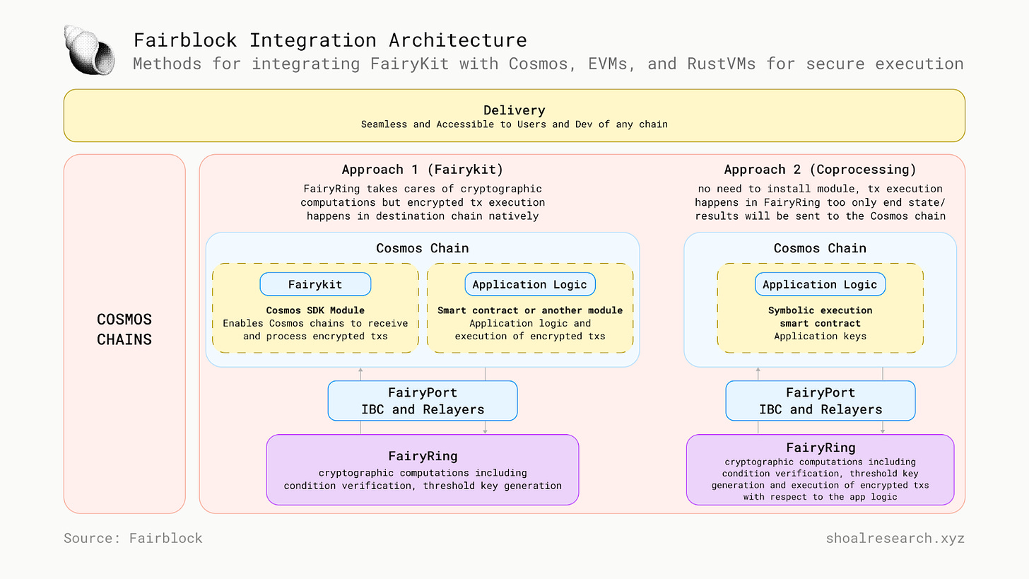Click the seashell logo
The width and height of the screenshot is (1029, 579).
click(x=89, y=50)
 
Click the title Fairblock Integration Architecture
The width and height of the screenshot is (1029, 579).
click(x=330, y=40)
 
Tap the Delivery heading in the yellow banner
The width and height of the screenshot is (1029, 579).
click(x=514, y=110)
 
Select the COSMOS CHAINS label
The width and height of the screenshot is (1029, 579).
click(x=124, y=329)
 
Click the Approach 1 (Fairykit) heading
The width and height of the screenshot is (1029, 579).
click(x=422, y=170)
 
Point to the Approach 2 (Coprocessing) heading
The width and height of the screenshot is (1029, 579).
click(x=820, y=170)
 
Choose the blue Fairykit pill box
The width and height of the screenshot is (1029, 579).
click(x=315, y=284)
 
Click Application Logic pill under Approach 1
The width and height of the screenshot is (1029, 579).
click(x=529, y=284)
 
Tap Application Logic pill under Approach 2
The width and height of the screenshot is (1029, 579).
click(x=820, y=284)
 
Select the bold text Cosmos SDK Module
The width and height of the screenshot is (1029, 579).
click(x=315, y=310)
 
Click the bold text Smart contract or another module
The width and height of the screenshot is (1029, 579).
click(x=529, y=310)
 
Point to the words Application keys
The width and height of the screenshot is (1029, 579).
click(x=820, y=336)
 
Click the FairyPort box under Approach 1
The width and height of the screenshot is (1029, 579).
click(x=422, y=401)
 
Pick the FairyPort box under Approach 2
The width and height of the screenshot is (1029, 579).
click(x=820, y=401)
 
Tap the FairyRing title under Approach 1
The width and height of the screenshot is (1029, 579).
click(x=423, y=456)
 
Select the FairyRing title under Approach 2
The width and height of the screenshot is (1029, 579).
click(x=821, y=448)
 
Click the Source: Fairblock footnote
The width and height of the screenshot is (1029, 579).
click(x=133, y=538)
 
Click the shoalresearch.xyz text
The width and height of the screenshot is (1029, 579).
click(x=895, y=538)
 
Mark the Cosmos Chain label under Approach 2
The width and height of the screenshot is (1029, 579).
click(x=820, y=248)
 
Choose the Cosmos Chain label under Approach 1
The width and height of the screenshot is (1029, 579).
click(x=422, y=248)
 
